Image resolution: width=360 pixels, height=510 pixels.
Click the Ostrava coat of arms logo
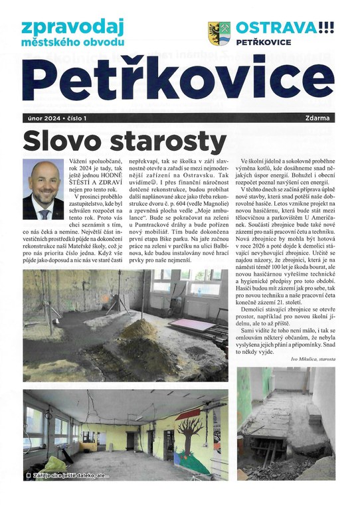coord(218,31)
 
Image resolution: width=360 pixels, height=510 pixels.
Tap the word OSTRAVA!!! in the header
coord(285,27)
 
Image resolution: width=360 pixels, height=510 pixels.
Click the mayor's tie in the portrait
coord(44,213)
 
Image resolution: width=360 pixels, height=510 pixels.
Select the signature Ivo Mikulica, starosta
coord(313,359)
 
